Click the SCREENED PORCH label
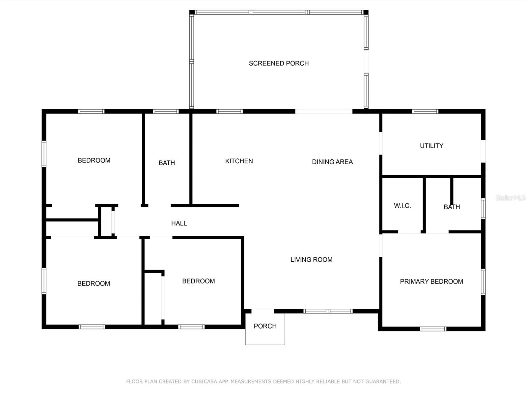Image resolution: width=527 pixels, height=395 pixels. (279, 63)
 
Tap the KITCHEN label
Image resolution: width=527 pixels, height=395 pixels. (239, 161)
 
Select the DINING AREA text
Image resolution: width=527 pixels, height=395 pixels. (332, 162)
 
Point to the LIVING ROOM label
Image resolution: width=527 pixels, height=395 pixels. (311, 259)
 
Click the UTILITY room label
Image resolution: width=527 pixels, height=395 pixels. (431, 145)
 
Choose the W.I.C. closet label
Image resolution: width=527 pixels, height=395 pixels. (402, 206)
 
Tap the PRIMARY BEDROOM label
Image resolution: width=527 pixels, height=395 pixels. (431, 281)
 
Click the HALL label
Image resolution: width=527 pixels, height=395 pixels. (179, 223)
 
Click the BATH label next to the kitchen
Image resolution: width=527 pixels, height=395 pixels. (167, 163)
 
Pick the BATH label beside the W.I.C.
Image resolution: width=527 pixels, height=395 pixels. (452, 207)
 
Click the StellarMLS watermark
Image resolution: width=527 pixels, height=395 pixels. (510, 197)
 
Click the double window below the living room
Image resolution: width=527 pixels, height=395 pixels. (328, 311)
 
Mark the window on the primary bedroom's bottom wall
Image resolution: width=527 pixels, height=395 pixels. (433, 329)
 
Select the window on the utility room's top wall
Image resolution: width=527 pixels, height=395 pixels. (425, 111)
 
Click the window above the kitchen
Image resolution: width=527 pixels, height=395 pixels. (230, 111)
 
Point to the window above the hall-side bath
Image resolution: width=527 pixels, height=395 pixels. (166, 111)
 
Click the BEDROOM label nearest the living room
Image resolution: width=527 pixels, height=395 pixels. (198, 281)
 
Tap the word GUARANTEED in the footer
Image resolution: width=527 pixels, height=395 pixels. (383, 382)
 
